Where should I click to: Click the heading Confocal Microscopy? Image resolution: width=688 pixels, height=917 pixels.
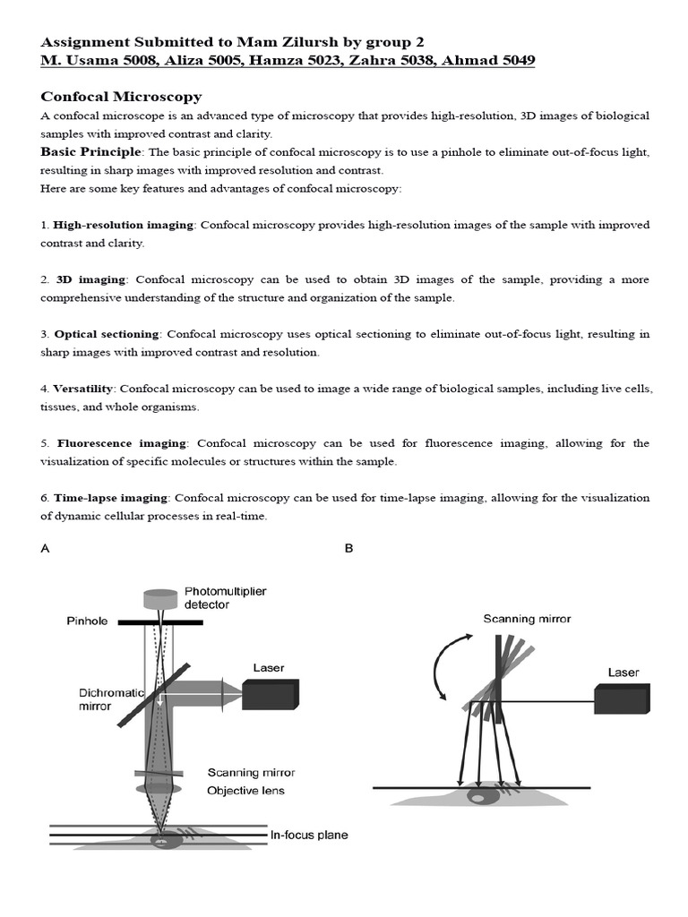coord(121,97)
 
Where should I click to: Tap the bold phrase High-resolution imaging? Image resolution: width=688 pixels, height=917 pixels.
coord(123,225)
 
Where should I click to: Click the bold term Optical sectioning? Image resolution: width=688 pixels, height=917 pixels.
coord(107,334)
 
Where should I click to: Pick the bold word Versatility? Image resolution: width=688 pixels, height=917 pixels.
coord(83,389)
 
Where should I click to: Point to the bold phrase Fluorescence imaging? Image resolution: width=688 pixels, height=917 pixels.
coord(122,443)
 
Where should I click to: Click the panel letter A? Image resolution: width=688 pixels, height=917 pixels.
coord(45,549)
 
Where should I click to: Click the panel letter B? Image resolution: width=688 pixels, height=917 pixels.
coord(349,549)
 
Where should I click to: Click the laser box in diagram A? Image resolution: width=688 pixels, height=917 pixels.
coord(270,693)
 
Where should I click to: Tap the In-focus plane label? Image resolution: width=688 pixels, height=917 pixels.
coord(309,836)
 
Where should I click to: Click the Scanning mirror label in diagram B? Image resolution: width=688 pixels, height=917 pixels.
coord(527,619)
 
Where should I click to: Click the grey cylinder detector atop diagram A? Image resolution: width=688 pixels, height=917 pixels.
coord(161,598)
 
